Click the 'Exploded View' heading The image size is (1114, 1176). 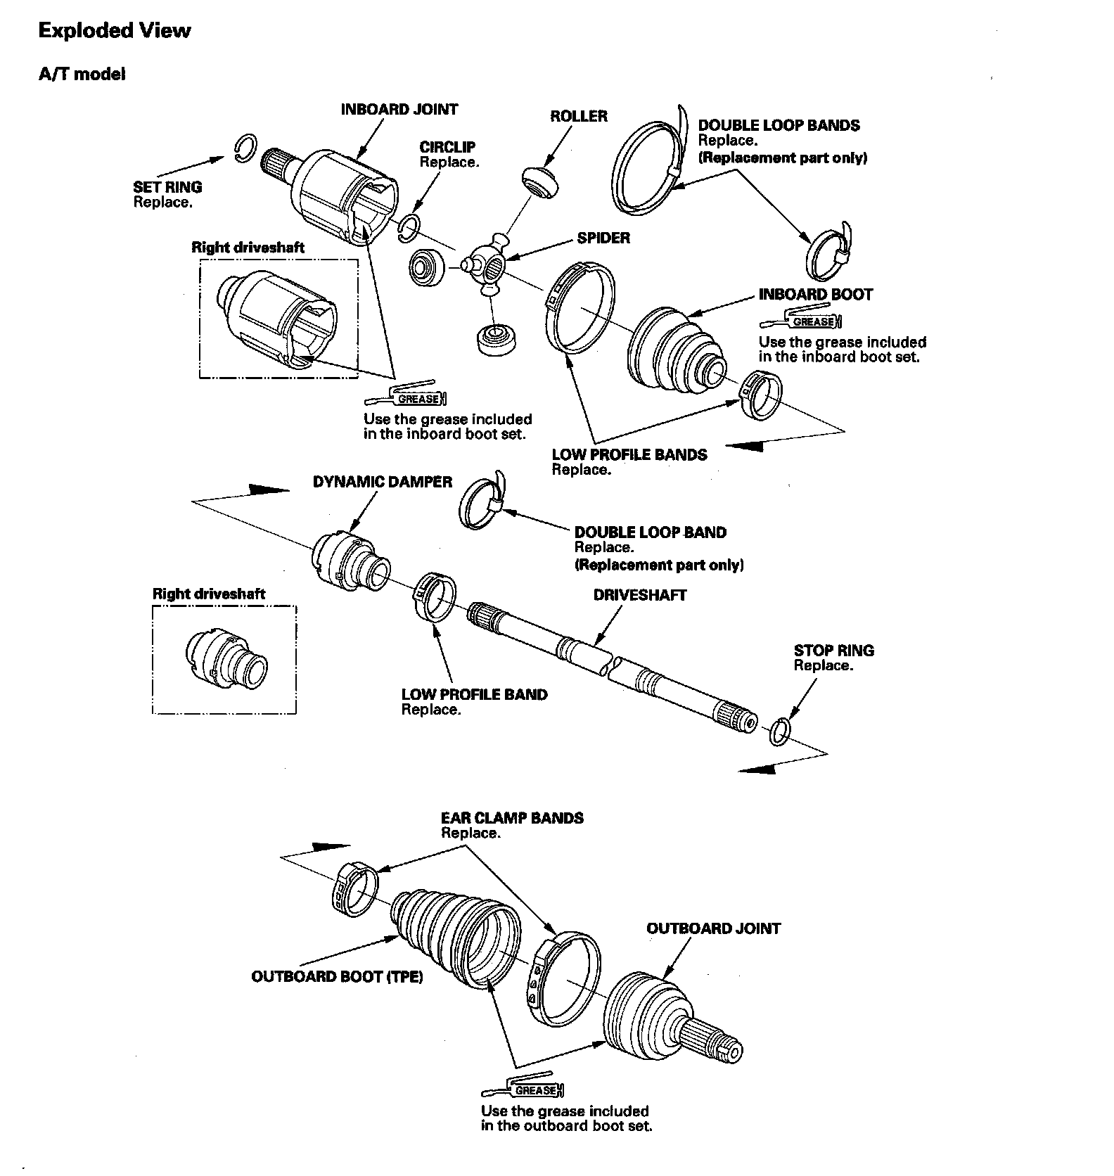point(114,31)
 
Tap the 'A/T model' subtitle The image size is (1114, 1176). point(82,74)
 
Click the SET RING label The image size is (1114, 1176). point(167,187)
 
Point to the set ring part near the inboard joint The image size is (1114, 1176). point(243,148)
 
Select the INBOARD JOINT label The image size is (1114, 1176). point(399,109)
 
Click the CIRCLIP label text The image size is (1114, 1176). point(447,147)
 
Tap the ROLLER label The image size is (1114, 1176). point(578,116)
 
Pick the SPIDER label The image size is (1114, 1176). point(603,238)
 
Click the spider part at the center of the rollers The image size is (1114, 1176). point(487,264)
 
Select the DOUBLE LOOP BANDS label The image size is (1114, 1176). point(779,125)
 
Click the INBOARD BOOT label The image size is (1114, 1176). point(815,294)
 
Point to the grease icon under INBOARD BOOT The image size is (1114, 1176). point(801,321)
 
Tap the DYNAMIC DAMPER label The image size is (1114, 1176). point(383,482)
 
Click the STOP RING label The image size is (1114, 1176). point(833,651)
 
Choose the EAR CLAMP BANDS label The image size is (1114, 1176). point(512,818)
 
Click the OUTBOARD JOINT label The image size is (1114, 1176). point(713,928)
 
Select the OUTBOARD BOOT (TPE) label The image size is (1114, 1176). point(337,977)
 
